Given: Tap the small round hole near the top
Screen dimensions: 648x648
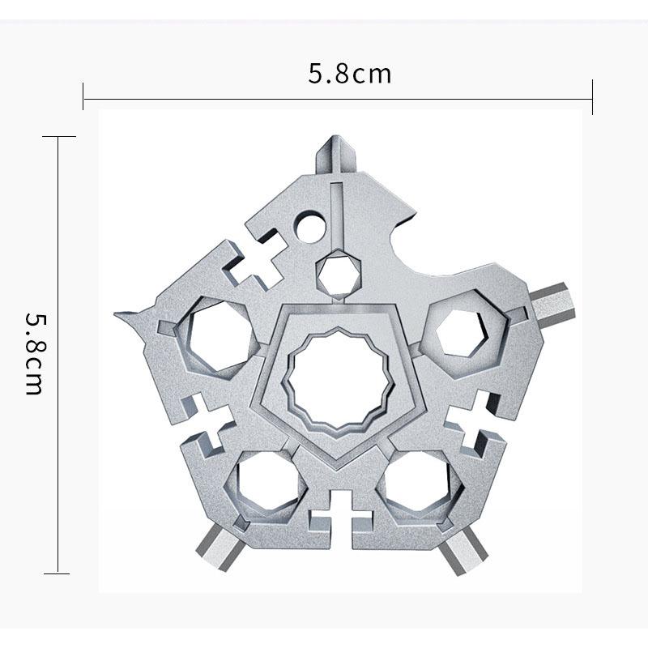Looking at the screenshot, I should point(309,226).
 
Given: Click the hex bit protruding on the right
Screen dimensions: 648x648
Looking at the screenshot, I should point(555,302).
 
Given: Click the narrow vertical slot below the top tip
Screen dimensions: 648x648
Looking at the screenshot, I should point(339,211).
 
